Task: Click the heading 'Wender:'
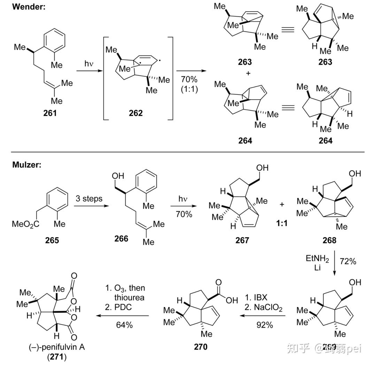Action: click(x=29, y=7)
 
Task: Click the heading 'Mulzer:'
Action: click(x=26, y=165)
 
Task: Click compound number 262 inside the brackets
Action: click(x=136, y=114)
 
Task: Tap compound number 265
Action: click(x=52, y=240)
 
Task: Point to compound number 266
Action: click(x=121, y=238)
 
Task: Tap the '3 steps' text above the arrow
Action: click(x=89, y=199)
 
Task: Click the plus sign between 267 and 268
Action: click(x=281, y=204)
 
